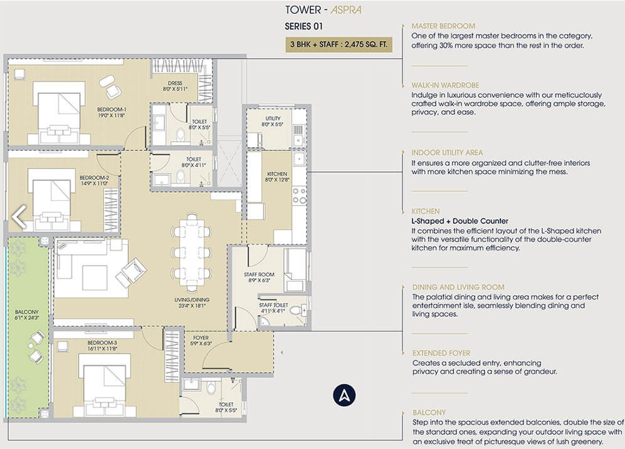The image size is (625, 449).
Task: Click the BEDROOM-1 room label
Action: pos(112,112)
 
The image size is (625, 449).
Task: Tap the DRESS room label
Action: pos(175,86)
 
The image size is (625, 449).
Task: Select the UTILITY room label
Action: pos(273,121)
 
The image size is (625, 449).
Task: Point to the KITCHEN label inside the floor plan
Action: pos(277,177)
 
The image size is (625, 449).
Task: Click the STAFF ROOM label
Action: pos(259,277)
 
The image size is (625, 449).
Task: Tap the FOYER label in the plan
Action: pos(201,340)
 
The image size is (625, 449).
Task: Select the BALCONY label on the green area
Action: pos(27,315)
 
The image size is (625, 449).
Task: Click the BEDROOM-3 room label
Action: pos(102,346)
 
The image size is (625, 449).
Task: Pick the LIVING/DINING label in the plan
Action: pos(192,302)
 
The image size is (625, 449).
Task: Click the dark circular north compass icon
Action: pos(344,395)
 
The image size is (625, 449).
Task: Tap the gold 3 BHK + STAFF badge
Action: pos(339,44)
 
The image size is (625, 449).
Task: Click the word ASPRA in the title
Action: pos(346,10)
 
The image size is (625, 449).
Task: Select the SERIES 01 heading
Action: pos(304,27)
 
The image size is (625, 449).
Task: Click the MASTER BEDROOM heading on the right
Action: pos(443,26)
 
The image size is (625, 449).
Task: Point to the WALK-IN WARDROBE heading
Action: pos(445,85)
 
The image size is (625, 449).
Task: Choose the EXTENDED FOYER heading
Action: pos(441,353)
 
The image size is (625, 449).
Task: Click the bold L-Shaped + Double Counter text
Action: pos(460,221)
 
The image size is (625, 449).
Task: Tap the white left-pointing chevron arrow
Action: pos(19,217)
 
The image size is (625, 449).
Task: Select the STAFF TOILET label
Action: pos(273,307)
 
